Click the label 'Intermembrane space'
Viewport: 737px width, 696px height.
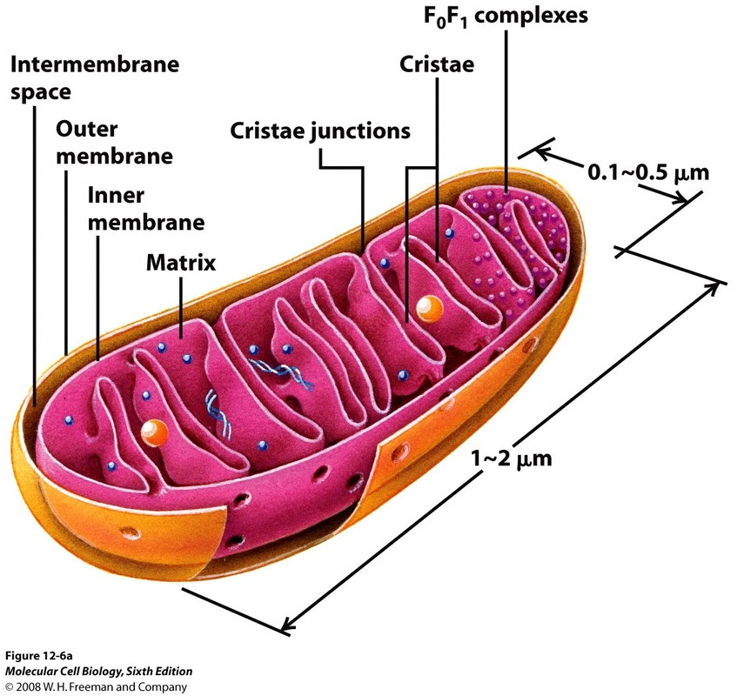coord(95,78)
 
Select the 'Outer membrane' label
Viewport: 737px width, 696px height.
coord(114,143)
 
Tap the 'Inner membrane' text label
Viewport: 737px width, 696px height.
coord(145,209)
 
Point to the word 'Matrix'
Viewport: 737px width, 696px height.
coord(181,263)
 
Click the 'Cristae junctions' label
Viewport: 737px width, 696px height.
coord(320,131)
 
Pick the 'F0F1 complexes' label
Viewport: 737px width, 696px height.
coord(506,16)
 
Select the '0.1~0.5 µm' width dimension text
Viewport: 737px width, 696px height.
coord(648,173)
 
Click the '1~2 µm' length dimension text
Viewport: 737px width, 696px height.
coord(512,458)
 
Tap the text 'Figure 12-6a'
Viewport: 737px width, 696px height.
coord(38,656)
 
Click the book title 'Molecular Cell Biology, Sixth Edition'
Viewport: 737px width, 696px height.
coord(98,671)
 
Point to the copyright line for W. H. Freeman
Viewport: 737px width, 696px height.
coord(96,686)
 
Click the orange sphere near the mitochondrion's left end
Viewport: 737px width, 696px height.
coord(154,433)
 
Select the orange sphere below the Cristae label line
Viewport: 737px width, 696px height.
coord(430,309)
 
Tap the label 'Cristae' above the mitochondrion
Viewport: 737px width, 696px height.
coord(437,64)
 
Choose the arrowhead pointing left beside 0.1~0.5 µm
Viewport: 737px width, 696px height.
coord(542,153)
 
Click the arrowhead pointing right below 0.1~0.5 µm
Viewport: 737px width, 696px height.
coord(680,197)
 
